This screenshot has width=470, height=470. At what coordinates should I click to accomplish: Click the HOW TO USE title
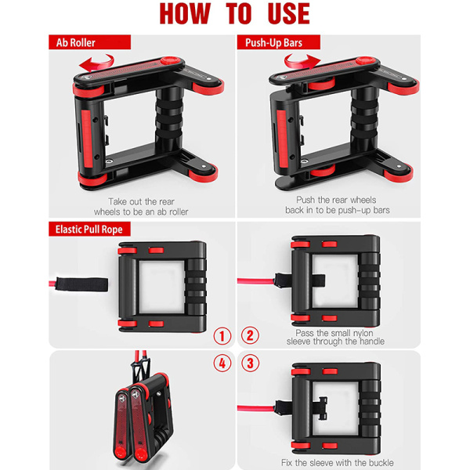pyautogui.click(x=235, y=13)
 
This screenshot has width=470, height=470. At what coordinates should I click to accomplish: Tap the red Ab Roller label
pyautogui.click(x=89, y=42)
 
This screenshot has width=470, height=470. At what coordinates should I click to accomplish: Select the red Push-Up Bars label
pyautogui.click(x=278, y=42)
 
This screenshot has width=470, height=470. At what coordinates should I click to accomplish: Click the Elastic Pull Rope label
pyautogui.click(x=89, y=230)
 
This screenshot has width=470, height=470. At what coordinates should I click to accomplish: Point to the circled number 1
pyautogui.click(x=222, y=336)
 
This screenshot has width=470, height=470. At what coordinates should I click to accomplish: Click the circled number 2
pyautogui.click(x=250, y=335)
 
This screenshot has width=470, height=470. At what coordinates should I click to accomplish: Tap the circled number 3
pyautogui.click(x=250, y=363)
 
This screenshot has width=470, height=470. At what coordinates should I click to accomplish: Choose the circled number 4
pyautogui.click(x=222, y=363)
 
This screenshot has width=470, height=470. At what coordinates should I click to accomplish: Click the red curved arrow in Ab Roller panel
pyautogui.click(x=96, y=63)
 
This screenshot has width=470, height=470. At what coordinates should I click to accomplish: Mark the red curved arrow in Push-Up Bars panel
pyautogui.click(x=302, y=62)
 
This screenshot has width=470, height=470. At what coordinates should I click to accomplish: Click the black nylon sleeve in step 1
pyautogui.click(x=81, y=284)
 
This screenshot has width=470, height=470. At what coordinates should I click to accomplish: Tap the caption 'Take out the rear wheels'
pyautogui.click(x=141, y=207)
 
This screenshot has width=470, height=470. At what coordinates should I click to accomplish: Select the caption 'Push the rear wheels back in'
pyautogui.click(x=337, y=205)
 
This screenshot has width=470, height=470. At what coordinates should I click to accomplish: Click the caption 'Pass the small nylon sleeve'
pyautogui.click(x=335, y=337)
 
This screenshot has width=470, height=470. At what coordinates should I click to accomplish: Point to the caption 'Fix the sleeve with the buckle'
pyautogui.click(x=337, y=462)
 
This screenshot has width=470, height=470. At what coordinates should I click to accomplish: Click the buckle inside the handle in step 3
pyautogui.click(x=321, y=408)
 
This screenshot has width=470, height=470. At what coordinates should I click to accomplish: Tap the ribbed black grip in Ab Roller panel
pyautogui.click(x=169, y=120)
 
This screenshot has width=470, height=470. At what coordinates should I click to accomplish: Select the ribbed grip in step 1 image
pyautogui.click(x=196, y=287)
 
